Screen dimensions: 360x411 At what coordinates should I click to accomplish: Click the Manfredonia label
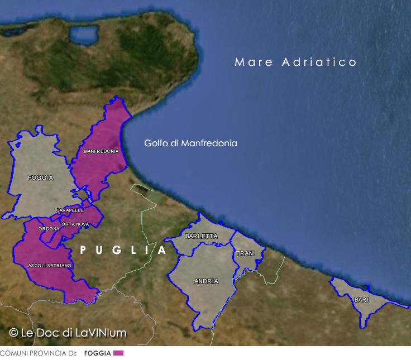click(x=101, y=151)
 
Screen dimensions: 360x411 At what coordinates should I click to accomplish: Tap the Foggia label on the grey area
click(x=41, y=177)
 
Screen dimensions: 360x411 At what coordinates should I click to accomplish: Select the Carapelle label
click(x=70, y=210)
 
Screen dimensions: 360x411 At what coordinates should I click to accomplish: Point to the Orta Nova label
click(x=75, y=224)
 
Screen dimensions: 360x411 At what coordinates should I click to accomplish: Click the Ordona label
click(x=49, y=229)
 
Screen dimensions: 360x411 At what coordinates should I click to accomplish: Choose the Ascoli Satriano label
click(x=50, y=266)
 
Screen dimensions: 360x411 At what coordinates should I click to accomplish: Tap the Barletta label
click(x=201, y=236)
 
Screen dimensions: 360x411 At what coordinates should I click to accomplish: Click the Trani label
click(x=245, y=253)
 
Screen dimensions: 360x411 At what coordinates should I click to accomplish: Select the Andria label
click(x=206, y=281)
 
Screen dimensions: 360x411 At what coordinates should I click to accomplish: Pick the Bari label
click(x=361, y=300)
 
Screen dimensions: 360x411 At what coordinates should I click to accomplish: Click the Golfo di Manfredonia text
click(x=190, y=143)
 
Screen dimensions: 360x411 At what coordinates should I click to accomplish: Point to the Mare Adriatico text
click(x=295, y=62)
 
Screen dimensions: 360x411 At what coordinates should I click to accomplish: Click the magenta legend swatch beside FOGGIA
click(x=118, y=353)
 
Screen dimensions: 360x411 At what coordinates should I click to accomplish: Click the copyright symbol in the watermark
click(x=13, y=333)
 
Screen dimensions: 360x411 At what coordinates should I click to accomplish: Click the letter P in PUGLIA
click(x=83, y=251)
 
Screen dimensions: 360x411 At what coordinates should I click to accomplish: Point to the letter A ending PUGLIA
click(x=162, y=251)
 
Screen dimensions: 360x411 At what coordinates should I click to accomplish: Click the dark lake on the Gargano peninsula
click(x=84, y=35)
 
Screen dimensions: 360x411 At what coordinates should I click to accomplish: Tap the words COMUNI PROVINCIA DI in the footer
click(x=38, y=353)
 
